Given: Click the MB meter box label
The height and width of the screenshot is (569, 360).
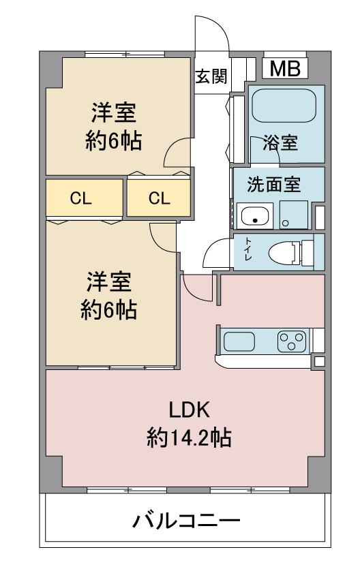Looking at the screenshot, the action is click(x=285, y=68).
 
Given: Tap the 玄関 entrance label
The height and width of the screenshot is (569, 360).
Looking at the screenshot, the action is click(x=211, y=76).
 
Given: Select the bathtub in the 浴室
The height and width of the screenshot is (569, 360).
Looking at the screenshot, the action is click(x=284, y=106).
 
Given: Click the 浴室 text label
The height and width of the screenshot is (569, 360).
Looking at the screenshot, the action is click(x=280, y=142).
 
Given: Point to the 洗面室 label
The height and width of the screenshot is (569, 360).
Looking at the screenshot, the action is click(x=273, y=185).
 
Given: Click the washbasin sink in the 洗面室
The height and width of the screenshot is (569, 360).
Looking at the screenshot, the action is click(x=255, y=215).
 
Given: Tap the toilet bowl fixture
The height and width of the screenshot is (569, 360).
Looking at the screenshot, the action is click(x=290, y=252).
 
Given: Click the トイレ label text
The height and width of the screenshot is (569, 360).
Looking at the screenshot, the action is click(x=248, y=249).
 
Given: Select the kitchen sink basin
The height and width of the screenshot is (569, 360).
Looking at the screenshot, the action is click(x=239, y=341).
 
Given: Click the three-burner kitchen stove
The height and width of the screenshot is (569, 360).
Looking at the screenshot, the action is click(x=292, y=341).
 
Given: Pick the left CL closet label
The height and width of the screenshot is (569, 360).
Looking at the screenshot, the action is click(x=80, y=198).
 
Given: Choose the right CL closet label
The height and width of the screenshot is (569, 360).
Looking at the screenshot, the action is click(x=159, y=198).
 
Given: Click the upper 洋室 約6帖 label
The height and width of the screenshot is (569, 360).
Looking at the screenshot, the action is click(x=114, y=126).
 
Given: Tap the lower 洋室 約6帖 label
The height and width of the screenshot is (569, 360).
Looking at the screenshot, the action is click(x=108, y=295).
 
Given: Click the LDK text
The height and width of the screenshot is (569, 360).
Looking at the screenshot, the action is click(x=189, y=410).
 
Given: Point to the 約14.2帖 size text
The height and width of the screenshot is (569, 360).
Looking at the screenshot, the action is click(x=189, y=437).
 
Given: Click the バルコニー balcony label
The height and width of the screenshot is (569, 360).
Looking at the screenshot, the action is click(x=186, y=521).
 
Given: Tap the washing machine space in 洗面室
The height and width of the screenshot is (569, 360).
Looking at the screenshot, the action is click(x=294, y=215).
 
